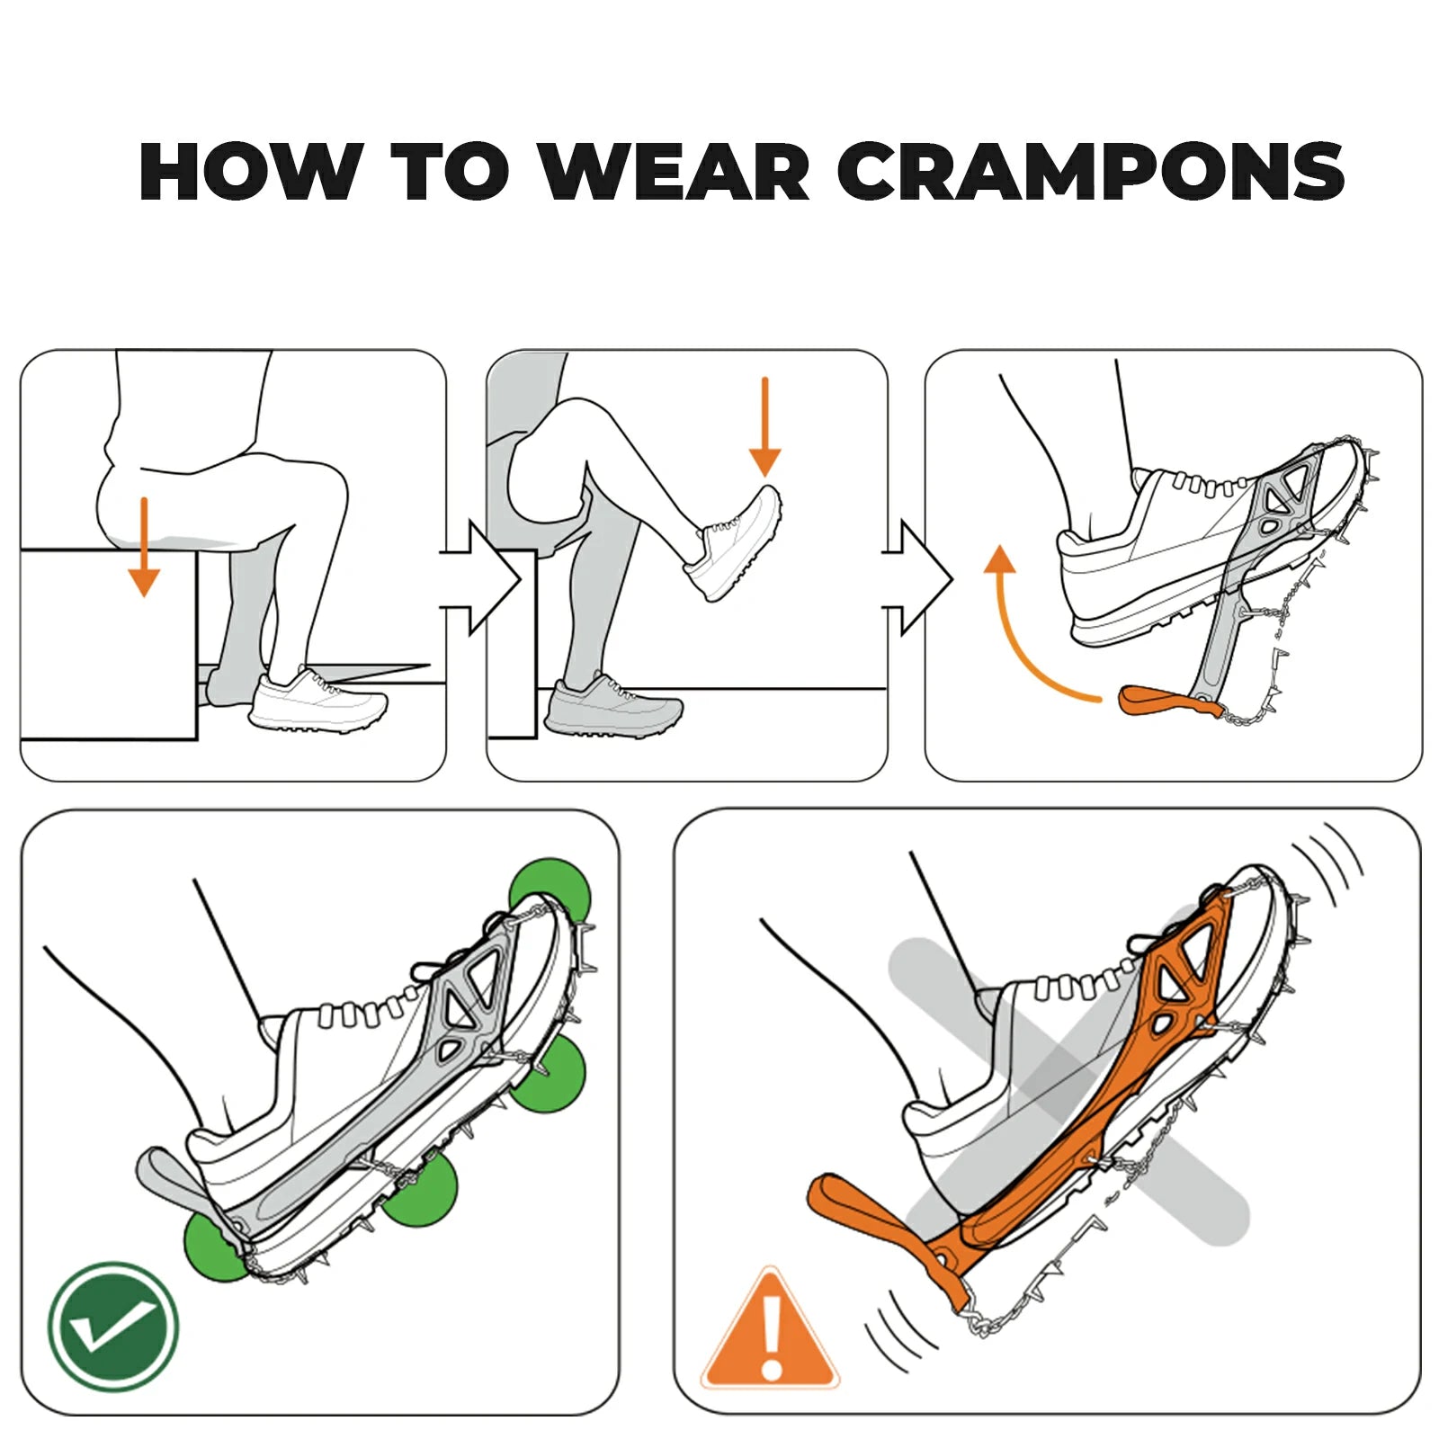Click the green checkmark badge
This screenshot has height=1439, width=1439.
coord(113,1326)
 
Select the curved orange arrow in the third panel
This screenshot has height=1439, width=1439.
coord(1025,630)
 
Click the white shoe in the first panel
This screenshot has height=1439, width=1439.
coord(318,701)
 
